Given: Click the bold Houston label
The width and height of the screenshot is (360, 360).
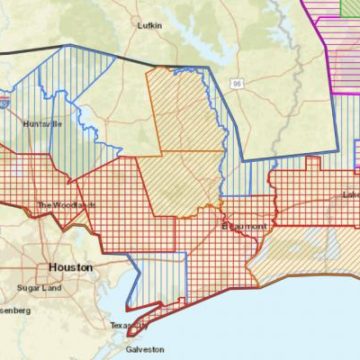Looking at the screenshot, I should click(70, 268).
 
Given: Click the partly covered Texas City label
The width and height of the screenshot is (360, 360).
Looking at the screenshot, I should click(128, 326).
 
